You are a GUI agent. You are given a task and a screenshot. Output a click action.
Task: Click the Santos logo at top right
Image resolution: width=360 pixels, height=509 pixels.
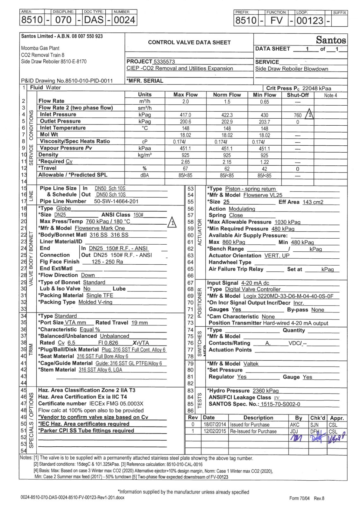331,40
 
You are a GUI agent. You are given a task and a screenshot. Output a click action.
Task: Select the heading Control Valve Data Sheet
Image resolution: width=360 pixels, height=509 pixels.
189,42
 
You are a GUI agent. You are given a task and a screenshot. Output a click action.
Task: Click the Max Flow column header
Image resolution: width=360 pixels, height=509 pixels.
185,95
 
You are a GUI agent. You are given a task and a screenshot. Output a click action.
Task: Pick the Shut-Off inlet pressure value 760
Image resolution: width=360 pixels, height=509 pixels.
298,115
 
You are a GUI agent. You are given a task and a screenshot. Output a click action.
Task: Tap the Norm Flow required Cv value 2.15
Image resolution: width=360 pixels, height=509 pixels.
227,162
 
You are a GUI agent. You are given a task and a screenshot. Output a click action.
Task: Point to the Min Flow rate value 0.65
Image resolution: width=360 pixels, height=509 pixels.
264,102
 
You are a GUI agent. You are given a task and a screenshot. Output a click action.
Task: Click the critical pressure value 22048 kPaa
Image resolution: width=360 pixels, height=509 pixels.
316,88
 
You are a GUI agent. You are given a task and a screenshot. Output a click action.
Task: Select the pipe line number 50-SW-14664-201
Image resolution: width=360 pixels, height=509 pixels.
116,201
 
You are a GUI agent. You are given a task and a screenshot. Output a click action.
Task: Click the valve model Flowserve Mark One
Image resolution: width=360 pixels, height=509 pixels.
100,228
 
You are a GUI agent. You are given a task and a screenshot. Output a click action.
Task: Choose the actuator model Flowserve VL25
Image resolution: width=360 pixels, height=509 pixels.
263,195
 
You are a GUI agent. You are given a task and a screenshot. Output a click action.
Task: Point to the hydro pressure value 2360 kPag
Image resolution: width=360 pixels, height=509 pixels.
265,391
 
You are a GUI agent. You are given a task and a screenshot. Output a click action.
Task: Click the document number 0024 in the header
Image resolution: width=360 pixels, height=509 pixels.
124,20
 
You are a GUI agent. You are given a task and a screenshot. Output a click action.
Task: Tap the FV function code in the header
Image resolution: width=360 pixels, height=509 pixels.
276,21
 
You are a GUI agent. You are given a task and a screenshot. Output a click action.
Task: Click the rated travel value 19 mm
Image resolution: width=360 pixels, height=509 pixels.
139,323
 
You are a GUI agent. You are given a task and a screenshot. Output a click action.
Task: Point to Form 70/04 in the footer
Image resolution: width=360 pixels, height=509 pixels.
299,498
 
